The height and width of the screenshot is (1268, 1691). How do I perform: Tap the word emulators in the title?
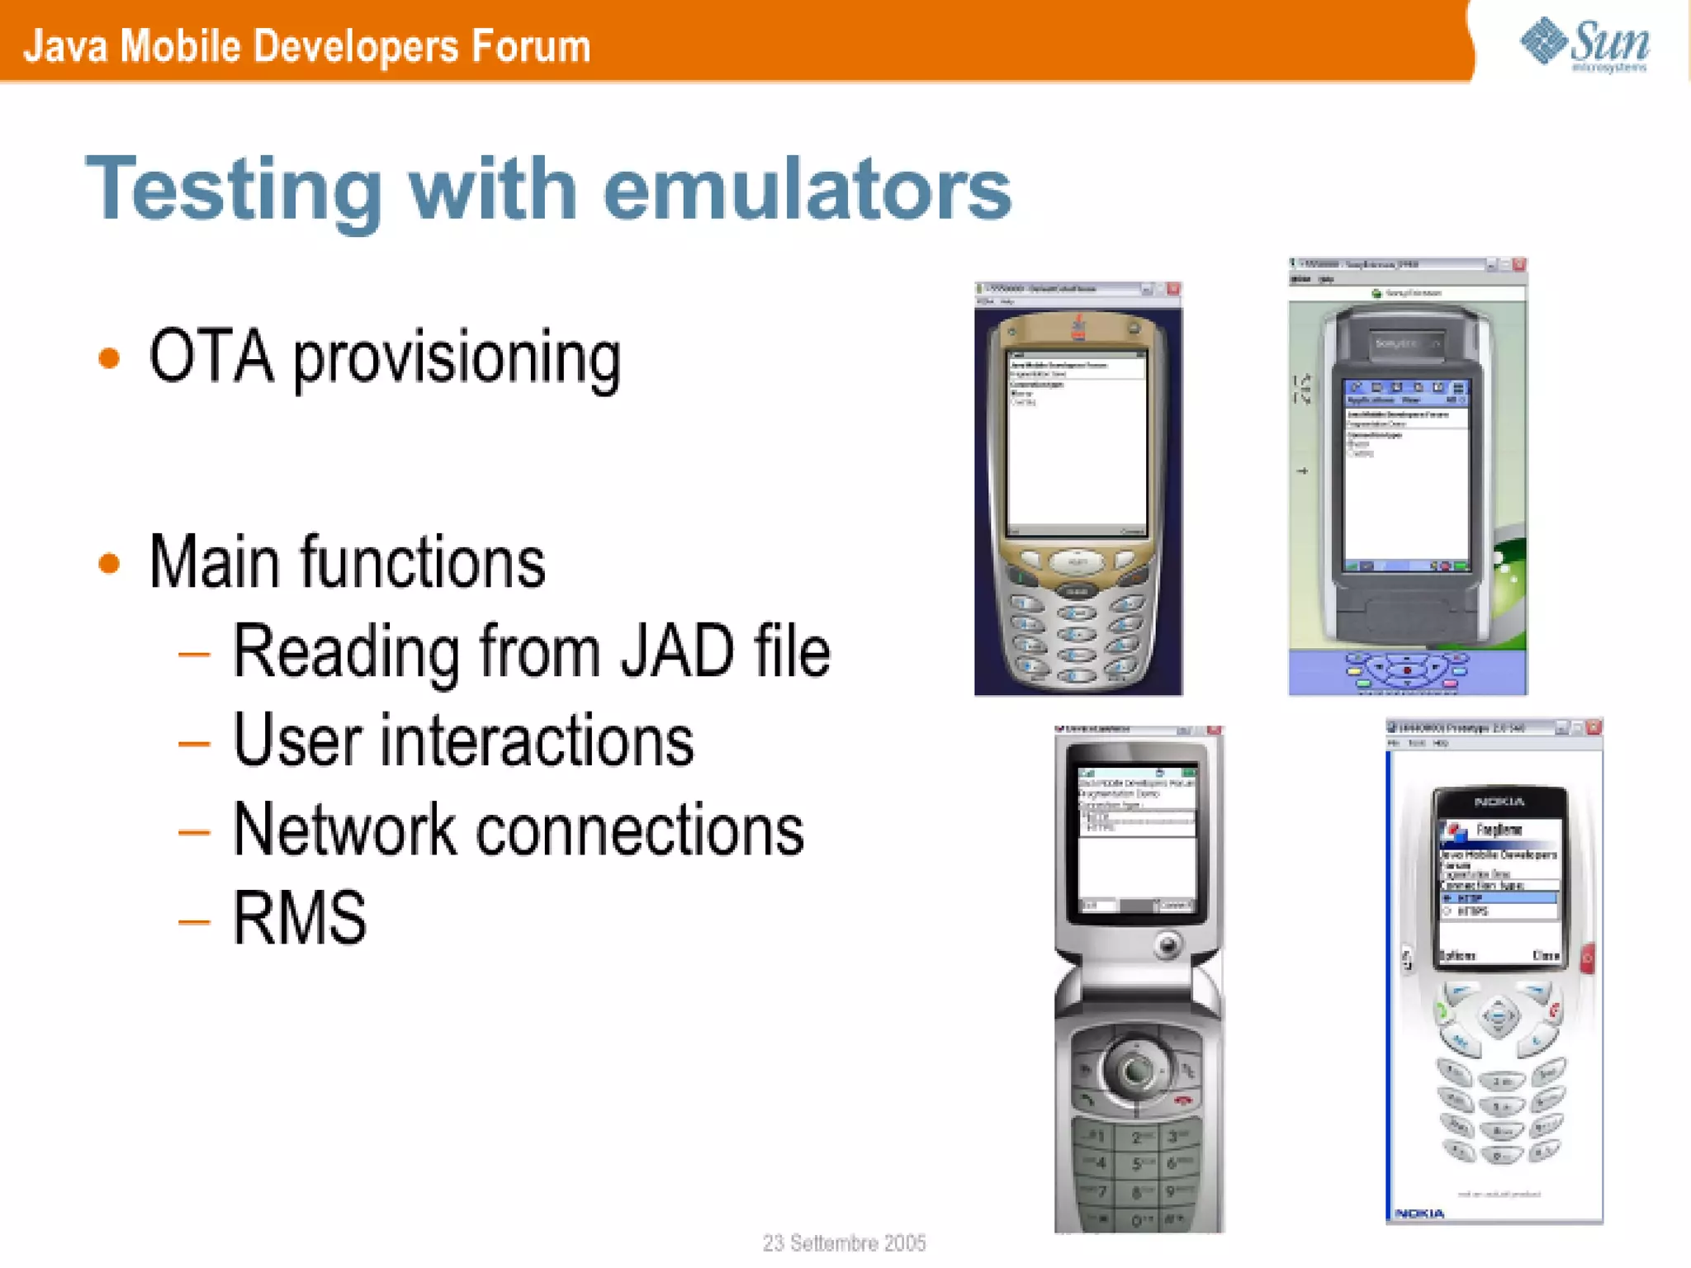click(x=808, y=190)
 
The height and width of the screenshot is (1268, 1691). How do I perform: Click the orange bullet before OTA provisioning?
click(x=109, y=358)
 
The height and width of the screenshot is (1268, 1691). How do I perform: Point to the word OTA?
click(x=211, y=357)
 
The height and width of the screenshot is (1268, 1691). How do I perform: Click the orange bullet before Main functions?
click(x=109, y=564)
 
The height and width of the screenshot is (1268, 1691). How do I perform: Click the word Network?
click(x=344, y=830)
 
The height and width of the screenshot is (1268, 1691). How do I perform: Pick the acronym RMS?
click(x=300, y=918)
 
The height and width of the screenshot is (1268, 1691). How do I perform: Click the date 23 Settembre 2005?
click(x=844, y=1242)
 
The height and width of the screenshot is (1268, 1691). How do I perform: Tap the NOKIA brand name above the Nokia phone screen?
click(x=1499, y=802)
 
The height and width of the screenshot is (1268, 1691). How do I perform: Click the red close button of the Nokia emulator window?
click(x=1594, y=727)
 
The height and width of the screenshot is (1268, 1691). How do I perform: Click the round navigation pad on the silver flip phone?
click(x=1137, y=1068)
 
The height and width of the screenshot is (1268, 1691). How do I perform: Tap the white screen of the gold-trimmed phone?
click(x=1077, y=446)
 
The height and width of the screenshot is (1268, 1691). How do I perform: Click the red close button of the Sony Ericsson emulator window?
click(x=1518, y=265)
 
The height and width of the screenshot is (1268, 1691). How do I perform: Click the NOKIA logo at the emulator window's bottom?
click(x=1419, y=1213)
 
